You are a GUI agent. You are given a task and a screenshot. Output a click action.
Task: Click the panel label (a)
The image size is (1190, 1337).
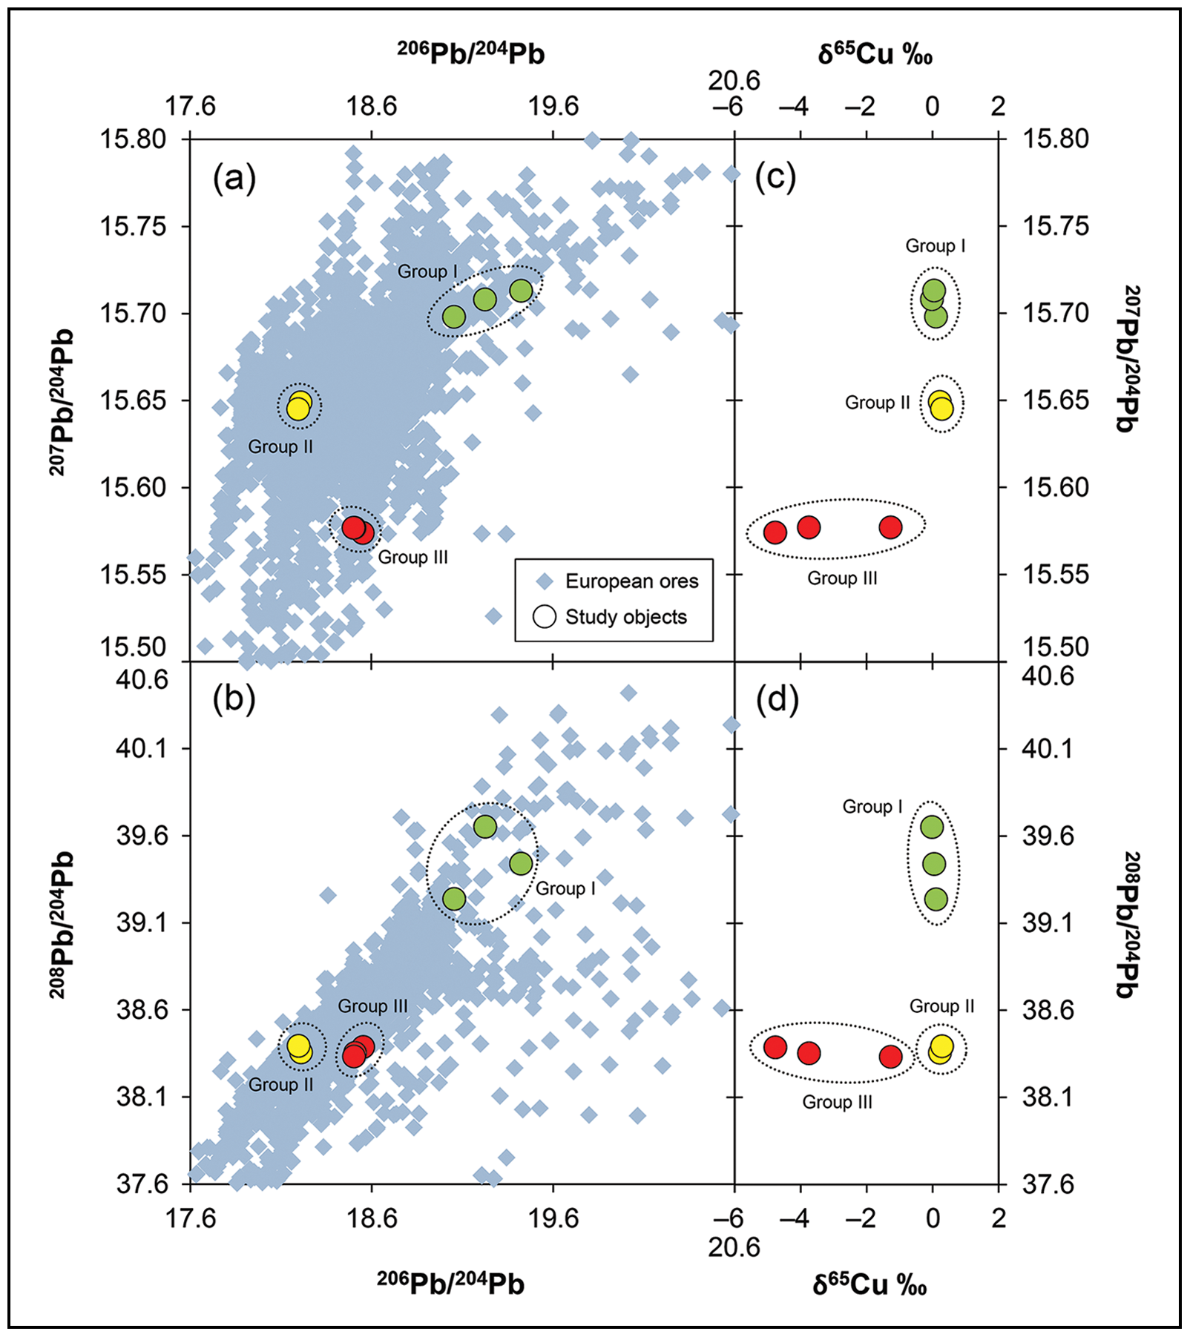[x=234, y=179]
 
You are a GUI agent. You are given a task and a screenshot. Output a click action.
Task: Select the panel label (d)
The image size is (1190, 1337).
[x=777, y=699]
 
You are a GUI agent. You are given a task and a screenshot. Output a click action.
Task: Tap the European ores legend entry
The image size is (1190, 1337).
[x=631, y=581]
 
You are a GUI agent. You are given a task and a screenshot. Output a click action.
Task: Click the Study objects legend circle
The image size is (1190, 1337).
[x=545, y=616]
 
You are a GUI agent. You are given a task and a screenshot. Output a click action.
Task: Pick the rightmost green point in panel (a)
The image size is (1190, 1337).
[x=522, y=291]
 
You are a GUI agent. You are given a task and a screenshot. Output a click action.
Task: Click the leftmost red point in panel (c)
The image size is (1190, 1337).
[x=775, y=532]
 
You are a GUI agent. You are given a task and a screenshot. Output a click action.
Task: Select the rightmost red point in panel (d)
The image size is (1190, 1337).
[x=890, y=1056]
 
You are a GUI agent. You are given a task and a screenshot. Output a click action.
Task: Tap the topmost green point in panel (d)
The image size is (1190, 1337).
[x=932, y=827]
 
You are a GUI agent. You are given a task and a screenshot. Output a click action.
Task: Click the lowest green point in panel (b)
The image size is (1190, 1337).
[x=454, y=899]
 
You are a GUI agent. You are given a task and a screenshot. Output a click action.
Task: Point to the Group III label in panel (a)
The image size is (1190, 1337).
[x=413, y=557]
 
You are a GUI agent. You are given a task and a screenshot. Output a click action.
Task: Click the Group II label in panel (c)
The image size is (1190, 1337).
[x=877, y=403]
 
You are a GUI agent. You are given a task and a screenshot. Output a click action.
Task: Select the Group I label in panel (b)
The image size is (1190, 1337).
[x=565, y=888]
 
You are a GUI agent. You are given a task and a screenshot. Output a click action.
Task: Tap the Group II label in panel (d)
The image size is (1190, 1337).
[x=941, y=1006]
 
